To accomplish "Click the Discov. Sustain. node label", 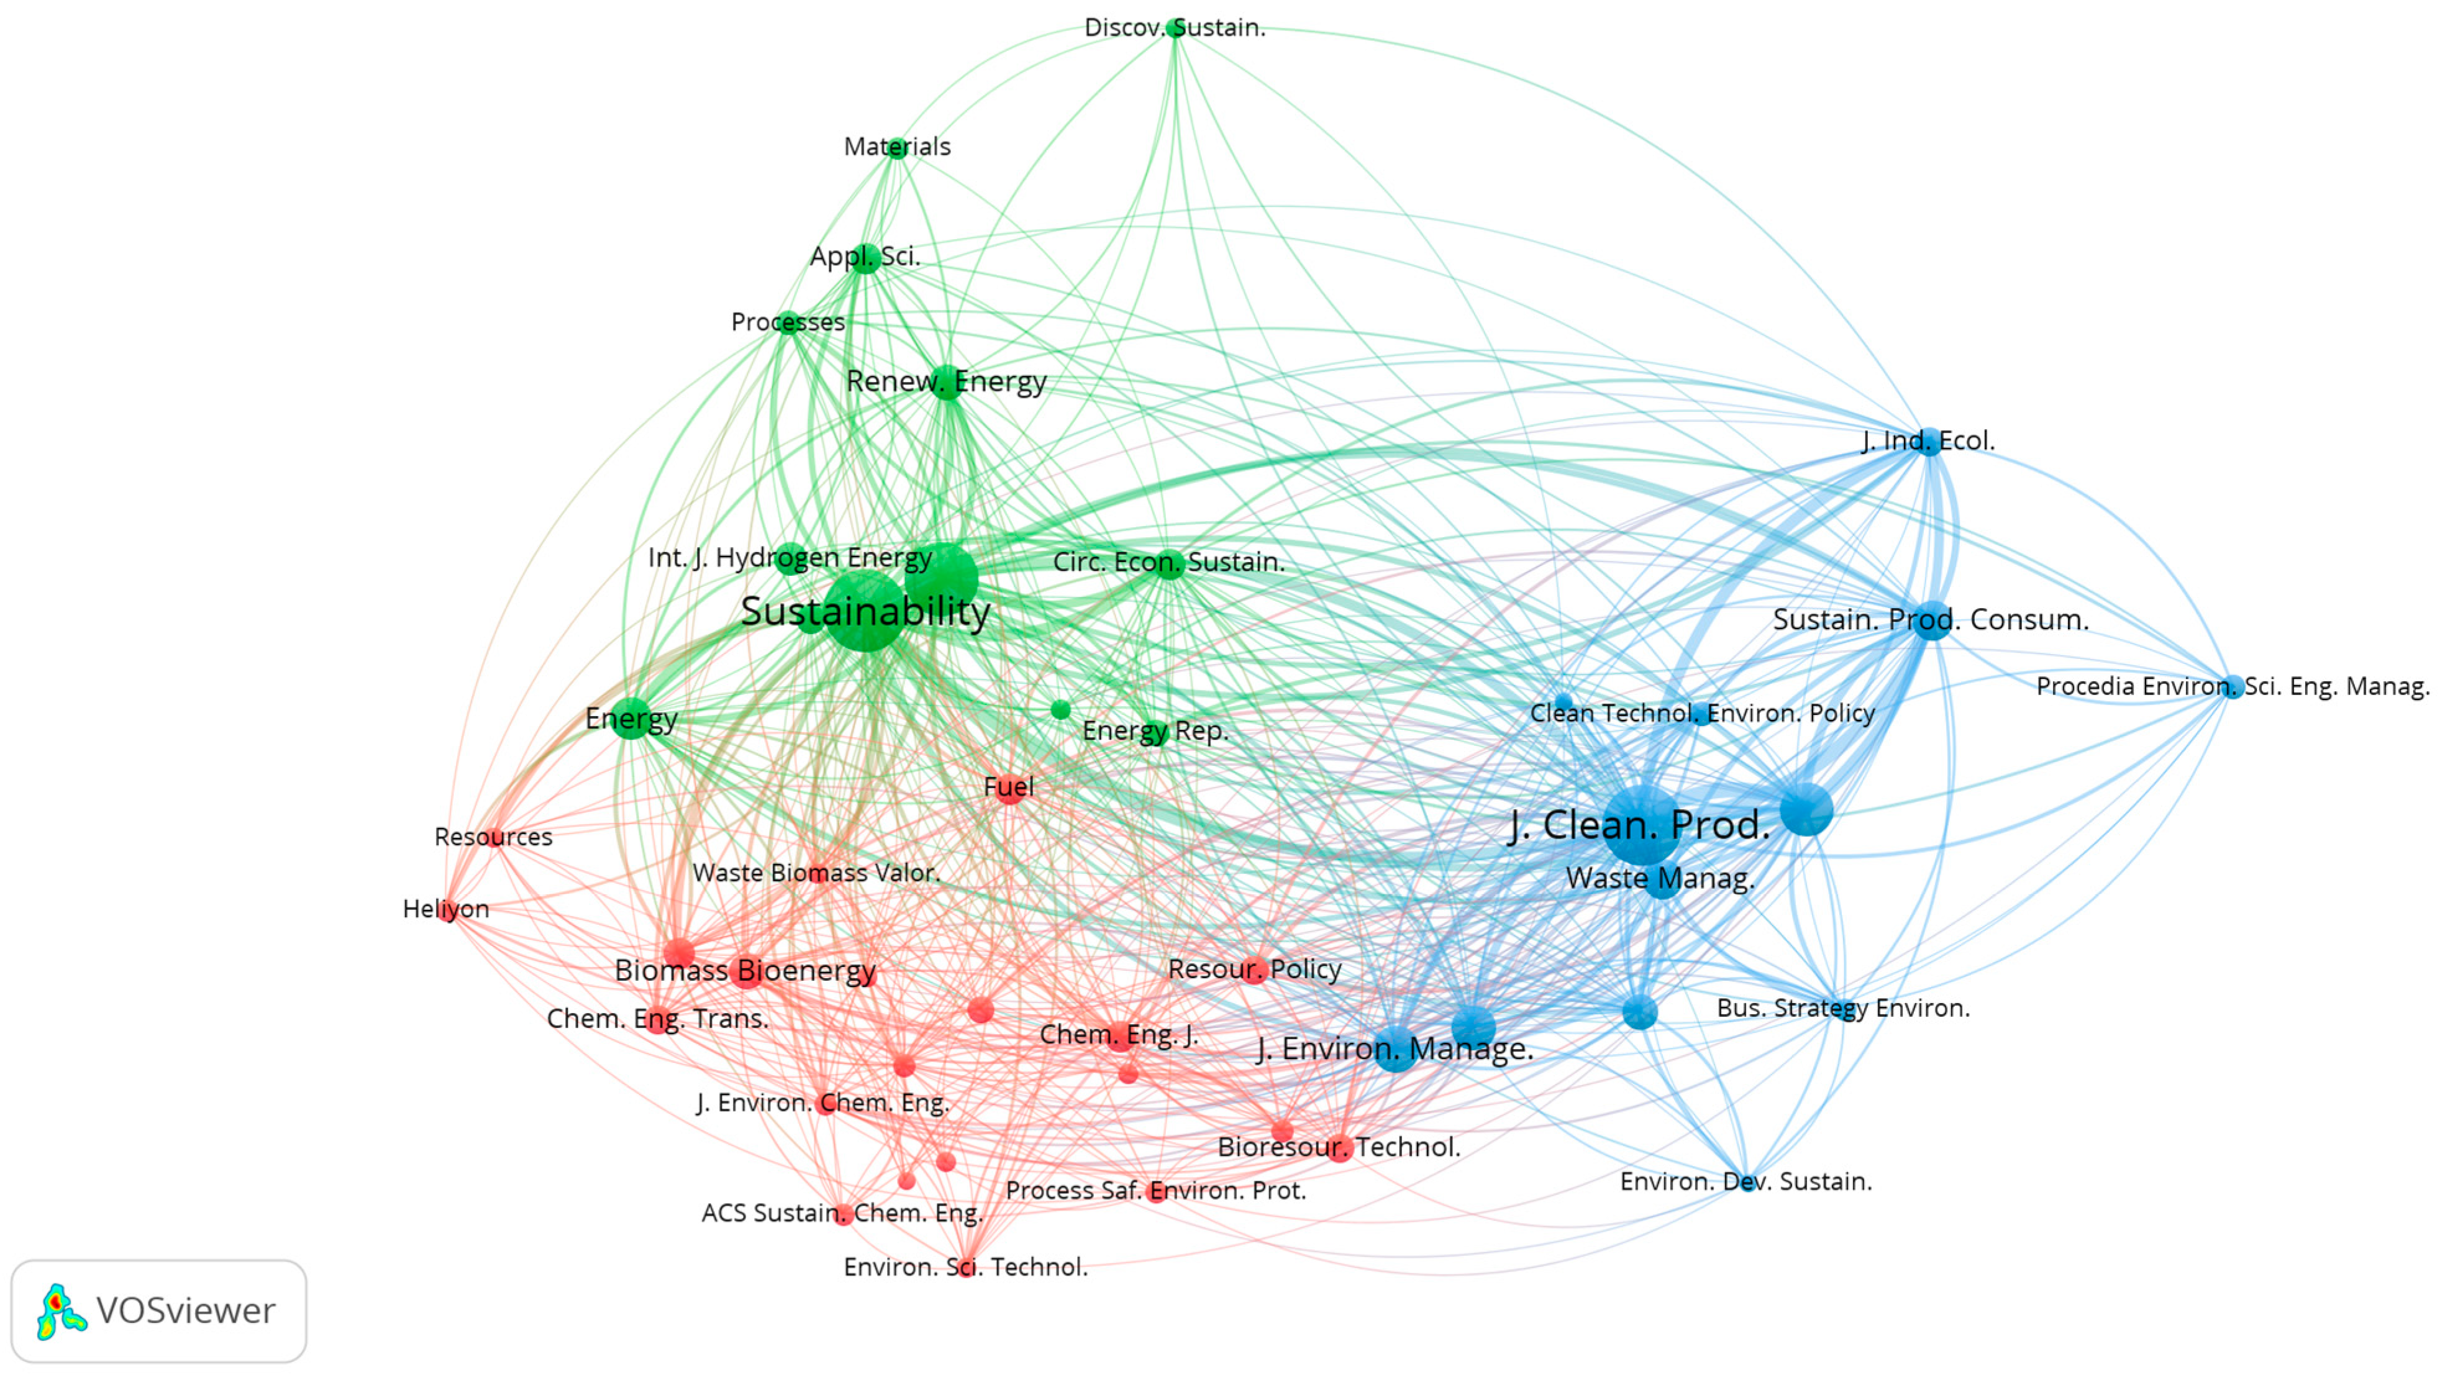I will tap(1175, 27).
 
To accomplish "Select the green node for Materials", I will tap(897, 148).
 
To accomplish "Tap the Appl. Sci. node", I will tap(865, 258).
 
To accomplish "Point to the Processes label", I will tap(787, 322).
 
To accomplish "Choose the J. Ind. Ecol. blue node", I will tap(1929, 442).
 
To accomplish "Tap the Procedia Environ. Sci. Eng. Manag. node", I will tap(2233, 686).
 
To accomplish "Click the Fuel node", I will tap(1009, 788).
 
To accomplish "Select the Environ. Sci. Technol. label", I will tap(965, 1266).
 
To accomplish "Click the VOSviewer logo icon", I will tap(60, 1312).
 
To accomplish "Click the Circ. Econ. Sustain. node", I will tap(1170, 563).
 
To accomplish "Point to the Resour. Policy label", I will tap(1254, 969).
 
